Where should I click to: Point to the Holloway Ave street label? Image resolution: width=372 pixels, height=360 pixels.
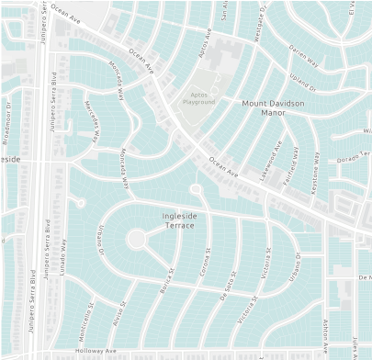(96, 350)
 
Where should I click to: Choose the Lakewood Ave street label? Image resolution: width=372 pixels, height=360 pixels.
(272, 161)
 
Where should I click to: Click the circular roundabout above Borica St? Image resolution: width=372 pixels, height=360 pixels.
(136, 239)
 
